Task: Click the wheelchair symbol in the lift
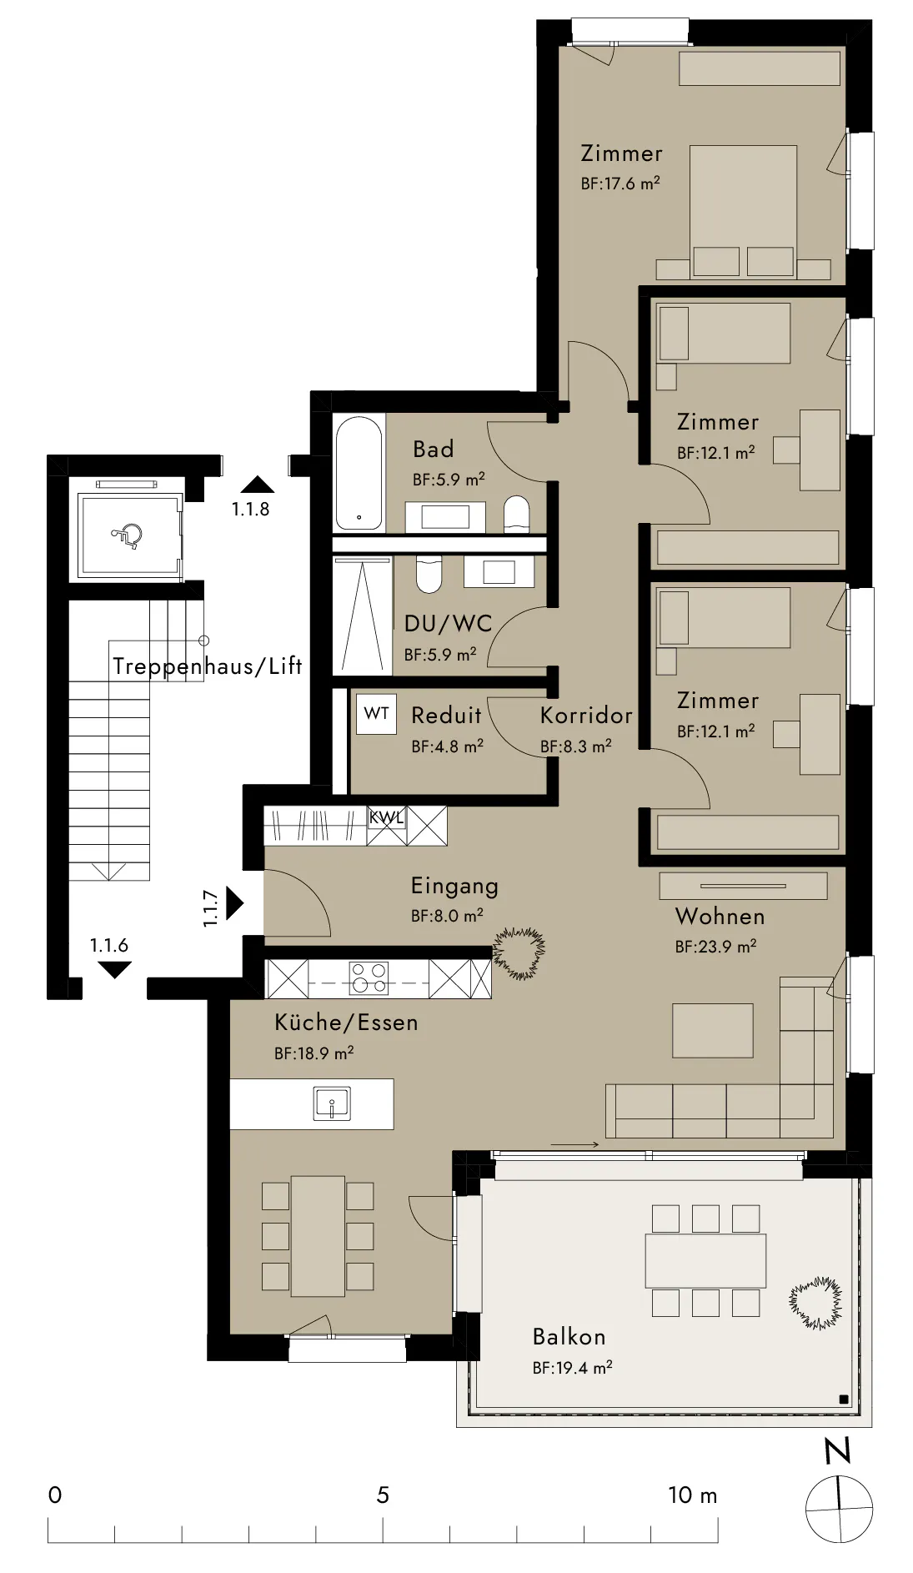[x=127, y=533]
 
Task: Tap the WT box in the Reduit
[x=377, y=714]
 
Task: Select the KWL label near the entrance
[x=386, y=817]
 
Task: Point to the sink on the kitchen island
[x=331, y=1103]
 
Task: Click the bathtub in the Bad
[x=359, y=473]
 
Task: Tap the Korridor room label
[x=586, y=716]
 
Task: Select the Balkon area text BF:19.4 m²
[x=573, y=1368]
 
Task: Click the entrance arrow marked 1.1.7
[x=234, y=903]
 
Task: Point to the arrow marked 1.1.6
[x=114, y=970]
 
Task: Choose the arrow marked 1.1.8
[x=257, y=485]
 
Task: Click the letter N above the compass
[x=838, y=1451]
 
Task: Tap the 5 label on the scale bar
[x=383, y=1495]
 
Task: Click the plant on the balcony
[x=815, y=1303]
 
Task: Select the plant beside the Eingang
[x=519, y=953]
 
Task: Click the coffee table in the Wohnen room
[x=713, y=1031]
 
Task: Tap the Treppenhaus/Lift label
[x=207, y=666]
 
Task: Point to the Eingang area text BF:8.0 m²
[x=447, y=916]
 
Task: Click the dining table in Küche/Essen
[x=318, y=1236]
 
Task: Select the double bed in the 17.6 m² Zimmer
[x=743, y=212]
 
